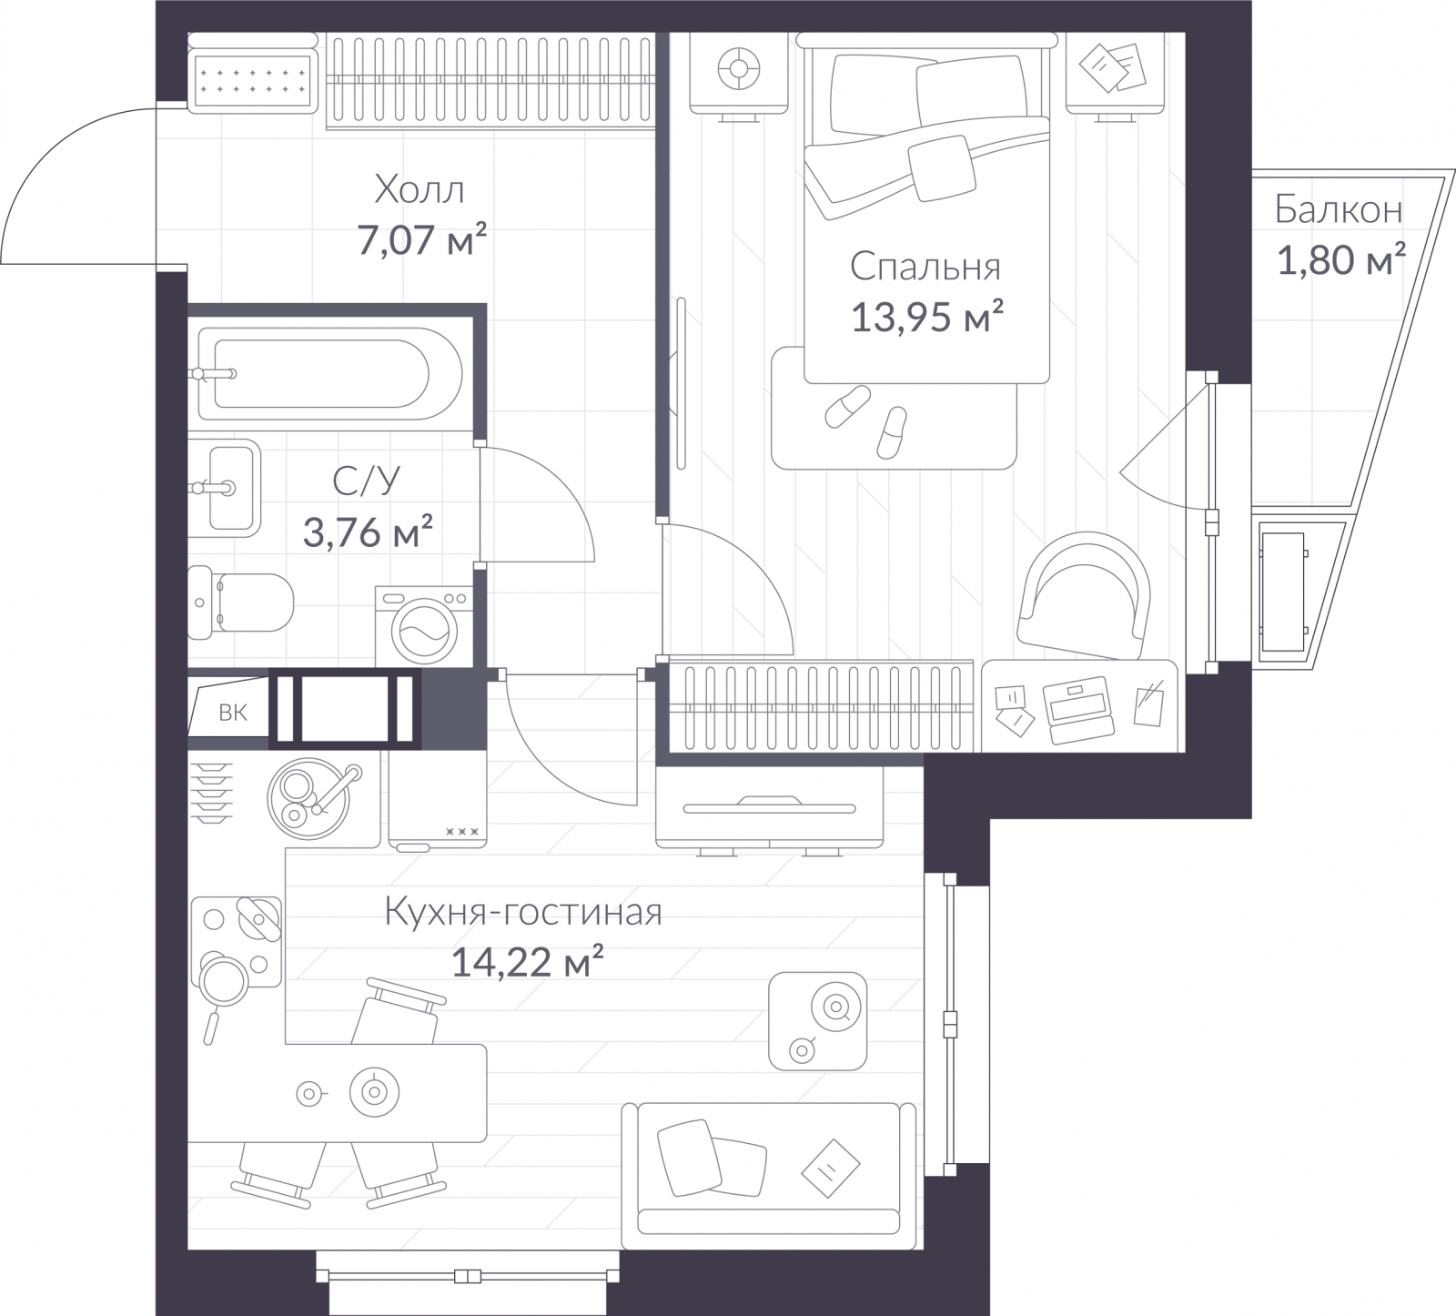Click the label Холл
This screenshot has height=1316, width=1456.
tap(420, 190)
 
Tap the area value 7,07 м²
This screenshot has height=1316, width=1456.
tap(422, 242)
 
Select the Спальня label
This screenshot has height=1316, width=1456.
tap(925, 267)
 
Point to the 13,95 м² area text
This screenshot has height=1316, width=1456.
tap(927, 318)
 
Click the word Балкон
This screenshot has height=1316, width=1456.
tap(1338, 210)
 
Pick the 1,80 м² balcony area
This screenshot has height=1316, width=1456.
tap(1341, 262)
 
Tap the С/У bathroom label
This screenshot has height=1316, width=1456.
tap(366, 481)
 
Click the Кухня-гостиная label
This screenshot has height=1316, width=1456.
tap(522, 911)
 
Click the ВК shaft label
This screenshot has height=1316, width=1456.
tap(233, 713)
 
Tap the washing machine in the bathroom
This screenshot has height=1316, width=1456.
tap(424, 625)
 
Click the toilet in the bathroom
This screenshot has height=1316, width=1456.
tap(241, 600)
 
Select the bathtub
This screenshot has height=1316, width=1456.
tap(330, 374)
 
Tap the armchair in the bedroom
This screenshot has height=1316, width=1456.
tap(1081, 596)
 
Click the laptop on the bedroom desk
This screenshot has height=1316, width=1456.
tap(1078, 707)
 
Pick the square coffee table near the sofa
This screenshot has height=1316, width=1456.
tap(817, 1020)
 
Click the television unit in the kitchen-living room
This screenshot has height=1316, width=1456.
tap(770, 808)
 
